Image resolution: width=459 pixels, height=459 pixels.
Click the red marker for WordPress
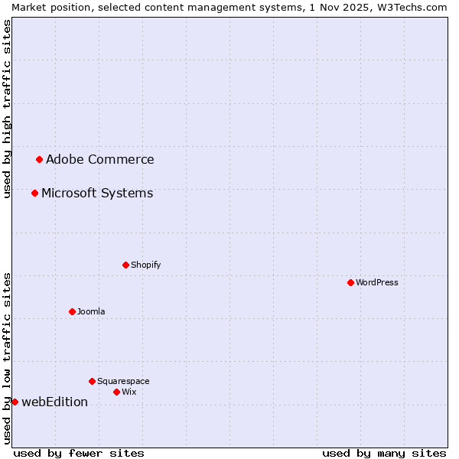(350, 282)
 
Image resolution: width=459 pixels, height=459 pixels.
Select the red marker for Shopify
(125, 265)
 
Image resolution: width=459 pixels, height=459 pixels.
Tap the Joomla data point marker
(72, 311)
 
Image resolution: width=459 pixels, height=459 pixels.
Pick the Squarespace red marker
(92, 381)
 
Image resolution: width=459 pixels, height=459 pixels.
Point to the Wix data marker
(116, 392)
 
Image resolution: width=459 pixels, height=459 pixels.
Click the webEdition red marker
(15, 402)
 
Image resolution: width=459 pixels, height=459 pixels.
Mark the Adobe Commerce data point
(39, 159)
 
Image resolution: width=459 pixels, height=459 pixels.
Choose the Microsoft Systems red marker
(34, 193)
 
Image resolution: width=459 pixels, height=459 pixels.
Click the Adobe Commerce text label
(99, 160)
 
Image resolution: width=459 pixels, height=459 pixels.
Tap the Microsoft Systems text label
(97, 194)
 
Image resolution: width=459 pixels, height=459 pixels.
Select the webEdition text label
(54, 402)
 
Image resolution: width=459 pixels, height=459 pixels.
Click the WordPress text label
(377, 282)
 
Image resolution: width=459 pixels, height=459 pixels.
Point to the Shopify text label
(145, 265)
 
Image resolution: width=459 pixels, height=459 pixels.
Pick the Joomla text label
(91, 311)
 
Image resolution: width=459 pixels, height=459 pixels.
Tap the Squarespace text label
(123, 381)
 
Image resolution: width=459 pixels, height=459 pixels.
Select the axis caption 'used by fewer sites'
(79, 453)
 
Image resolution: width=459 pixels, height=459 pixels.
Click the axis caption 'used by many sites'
(384, 453)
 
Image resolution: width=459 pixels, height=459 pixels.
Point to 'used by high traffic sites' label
(7, 109)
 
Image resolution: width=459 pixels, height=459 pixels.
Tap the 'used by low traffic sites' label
(7, 358)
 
